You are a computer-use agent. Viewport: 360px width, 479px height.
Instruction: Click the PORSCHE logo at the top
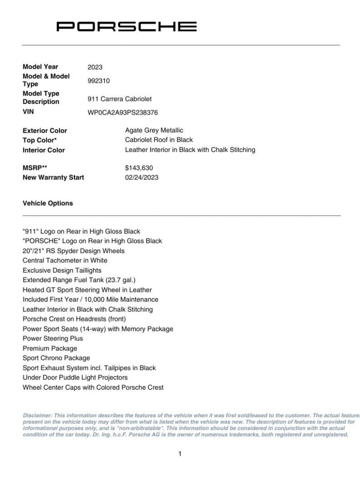126,26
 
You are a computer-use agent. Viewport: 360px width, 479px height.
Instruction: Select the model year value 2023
95,67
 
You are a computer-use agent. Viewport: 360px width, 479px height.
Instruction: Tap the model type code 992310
98,80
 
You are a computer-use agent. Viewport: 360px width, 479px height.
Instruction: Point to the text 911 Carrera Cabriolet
119,99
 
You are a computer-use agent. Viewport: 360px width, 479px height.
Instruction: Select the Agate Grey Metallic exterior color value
154,131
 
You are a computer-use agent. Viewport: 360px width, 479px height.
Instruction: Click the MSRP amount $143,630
139,168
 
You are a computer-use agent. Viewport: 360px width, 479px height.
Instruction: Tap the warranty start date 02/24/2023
141,178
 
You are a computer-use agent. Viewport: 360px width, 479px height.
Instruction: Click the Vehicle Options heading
48,203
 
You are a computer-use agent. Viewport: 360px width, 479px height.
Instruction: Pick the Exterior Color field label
45,131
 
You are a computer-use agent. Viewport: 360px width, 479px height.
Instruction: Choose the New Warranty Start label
53,178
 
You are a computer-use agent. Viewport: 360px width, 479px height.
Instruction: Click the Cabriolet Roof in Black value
159,140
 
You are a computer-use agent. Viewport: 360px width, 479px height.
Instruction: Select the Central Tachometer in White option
65,261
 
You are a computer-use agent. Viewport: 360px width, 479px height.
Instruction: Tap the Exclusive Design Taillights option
62,270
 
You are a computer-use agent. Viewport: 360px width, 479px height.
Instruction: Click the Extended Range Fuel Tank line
79,280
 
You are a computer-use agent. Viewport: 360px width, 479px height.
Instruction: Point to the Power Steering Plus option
53,338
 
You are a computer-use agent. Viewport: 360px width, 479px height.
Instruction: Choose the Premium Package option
50,348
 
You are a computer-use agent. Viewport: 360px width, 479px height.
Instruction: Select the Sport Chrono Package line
56,358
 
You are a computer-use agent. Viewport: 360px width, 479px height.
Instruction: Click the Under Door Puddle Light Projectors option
75,377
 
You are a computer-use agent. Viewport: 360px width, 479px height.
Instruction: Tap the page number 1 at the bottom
180,454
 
